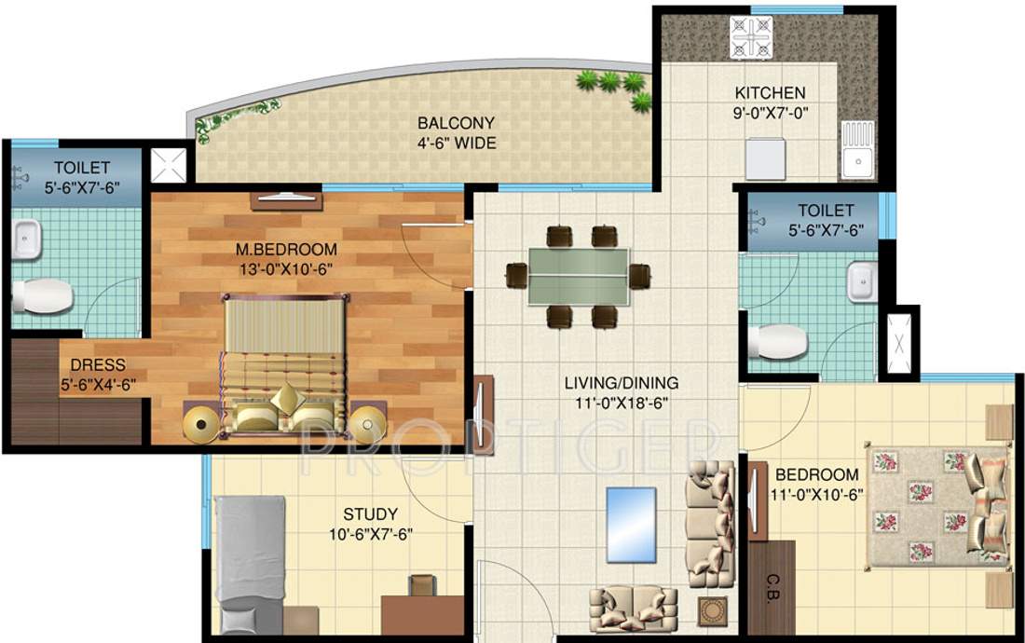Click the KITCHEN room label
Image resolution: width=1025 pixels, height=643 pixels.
[x=770, y=93]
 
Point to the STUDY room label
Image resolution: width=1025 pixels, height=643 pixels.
[x=370, y=514]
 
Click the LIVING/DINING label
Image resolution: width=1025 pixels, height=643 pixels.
[x=622, y=383]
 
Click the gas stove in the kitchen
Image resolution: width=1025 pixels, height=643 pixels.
[x=751, y=37]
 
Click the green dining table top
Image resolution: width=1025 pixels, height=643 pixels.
[x=578, y=276]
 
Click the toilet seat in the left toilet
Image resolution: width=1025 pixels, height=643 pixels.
[x=42, y=297]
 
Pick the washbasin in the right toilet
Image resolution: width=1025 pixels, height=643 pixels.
[x=863, y=280]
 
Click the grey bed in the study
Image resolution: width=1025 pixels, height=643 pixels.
[x=250, y=559]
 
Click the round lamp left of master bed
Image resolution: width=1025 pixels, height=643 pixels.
[x=202, y=425]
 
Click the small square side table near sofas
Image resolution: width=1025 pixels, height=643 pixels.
[x=714, y=611]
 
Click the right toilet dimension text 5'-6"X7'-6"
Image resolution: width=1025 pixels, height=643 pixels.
[x=812, y=230]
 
